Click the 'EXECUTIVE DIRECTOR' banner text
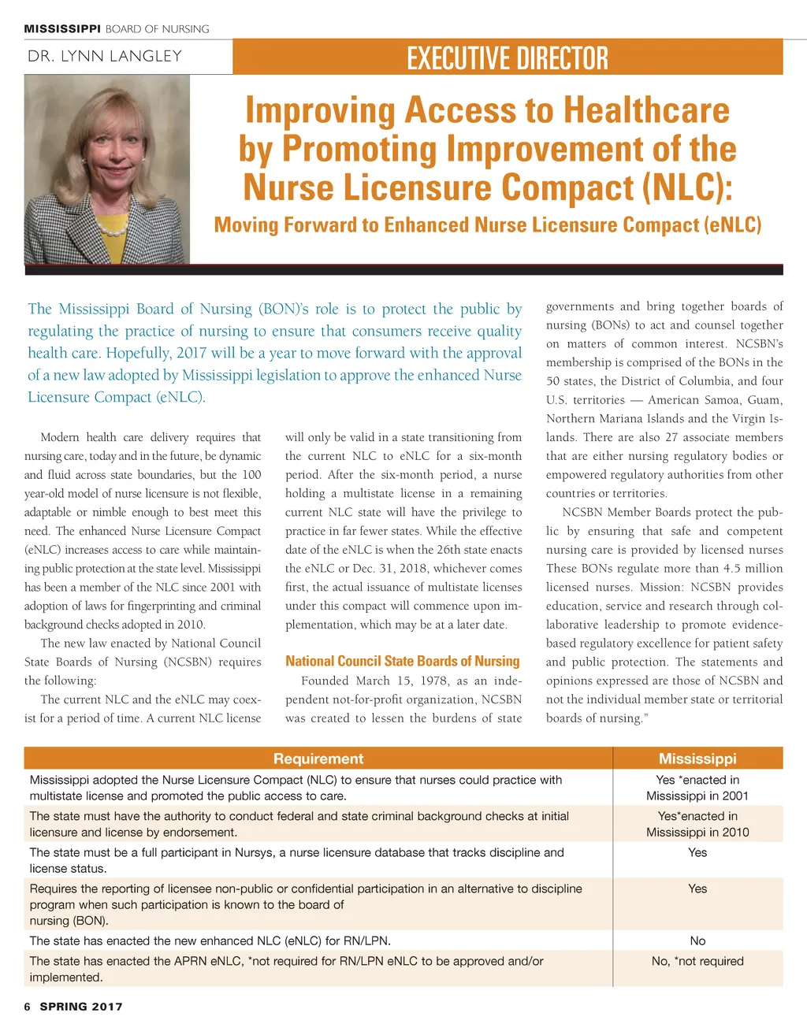tap(508, 58)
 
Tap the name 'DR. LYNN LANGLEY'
tap(105, 57)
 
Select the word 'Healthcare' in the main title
tap(646, 110)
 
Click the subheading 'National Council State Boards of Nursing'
tap(403, 662)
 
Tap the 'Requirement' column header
tap(318, 759)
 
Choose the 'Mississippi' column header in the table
tap(697, 759)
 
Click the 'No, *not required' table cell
tap(697, 961)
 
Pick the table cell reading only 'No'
tap(697, 940)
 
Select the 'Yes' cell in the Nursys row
tap(697, 852)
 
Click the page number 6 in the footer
tap(28, 1007)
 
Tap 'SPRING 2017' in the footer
tap(81, 1007)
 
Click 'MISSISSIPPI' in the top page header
tap(62, 29)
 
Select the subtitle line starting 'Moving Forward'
tap(488, 225)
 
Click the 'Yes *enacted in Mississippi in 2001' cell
tap(697, 788)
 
